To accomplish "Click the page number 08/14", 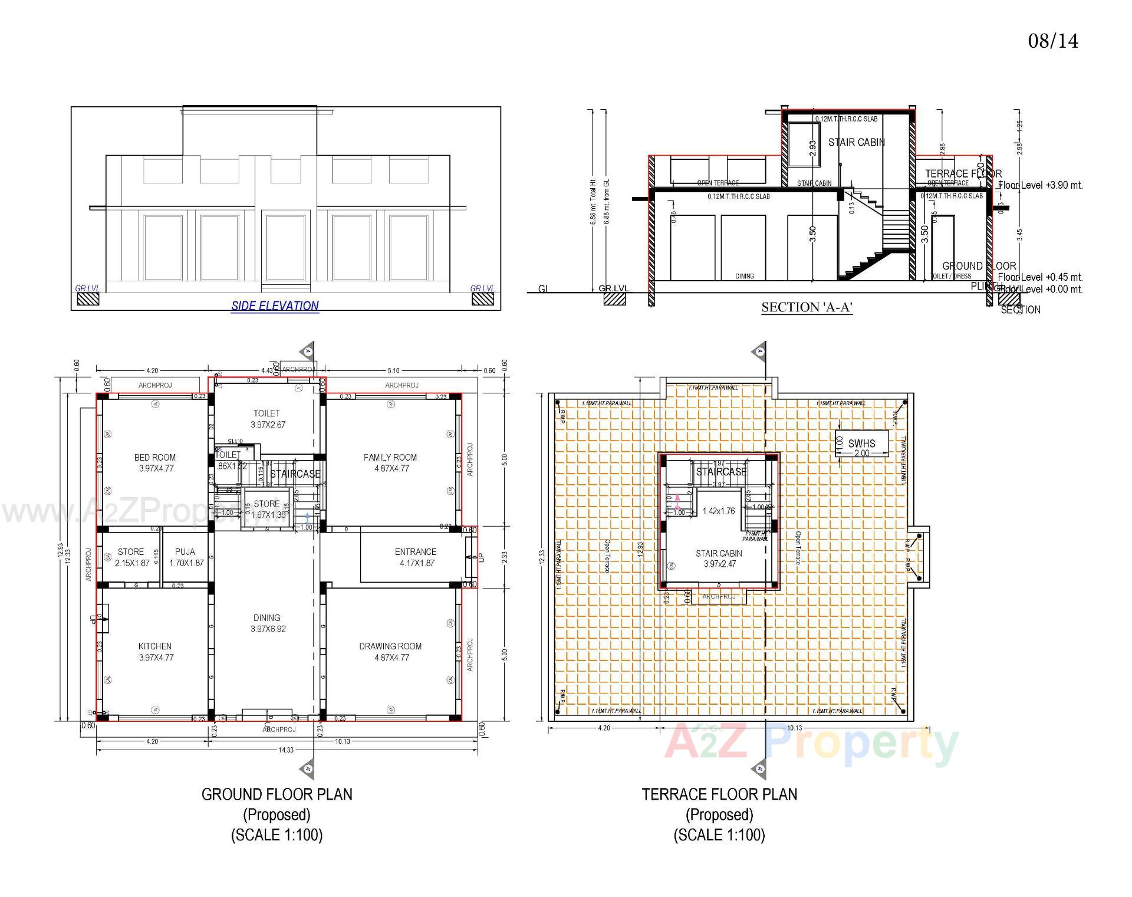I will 1053,41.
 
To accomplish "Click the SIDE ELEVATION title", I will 275,305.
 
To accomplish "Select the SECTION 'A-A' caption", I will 807,307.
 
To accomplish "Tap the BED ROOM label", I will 155,463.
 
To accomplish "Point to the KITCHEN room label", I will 155,652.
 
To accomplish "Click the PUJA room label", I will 186,557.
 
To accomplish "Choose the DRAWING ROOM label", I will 390,652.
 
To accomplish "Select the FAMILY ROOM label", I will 390,463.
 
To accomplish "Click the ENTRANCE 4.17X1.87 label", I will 416,557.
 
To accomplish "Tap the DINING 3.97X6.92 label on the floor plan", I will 267,623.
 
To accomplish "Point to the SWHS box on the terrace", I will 861,444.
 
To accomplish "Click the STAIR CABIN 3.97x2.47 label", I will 719,558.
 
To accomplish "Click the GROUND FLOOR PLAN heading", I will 277,794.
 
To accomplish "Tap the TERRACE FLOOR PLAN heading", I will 719,794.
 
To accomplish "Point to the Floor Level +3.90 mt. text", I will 1041,185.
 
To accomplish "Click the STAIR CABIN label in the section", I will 856,142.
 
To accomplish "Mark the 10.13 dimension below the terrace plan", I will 794,728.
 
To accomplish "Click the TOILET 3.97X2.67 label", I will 267,419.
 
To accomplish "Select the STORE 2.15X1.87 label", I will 131,557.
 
